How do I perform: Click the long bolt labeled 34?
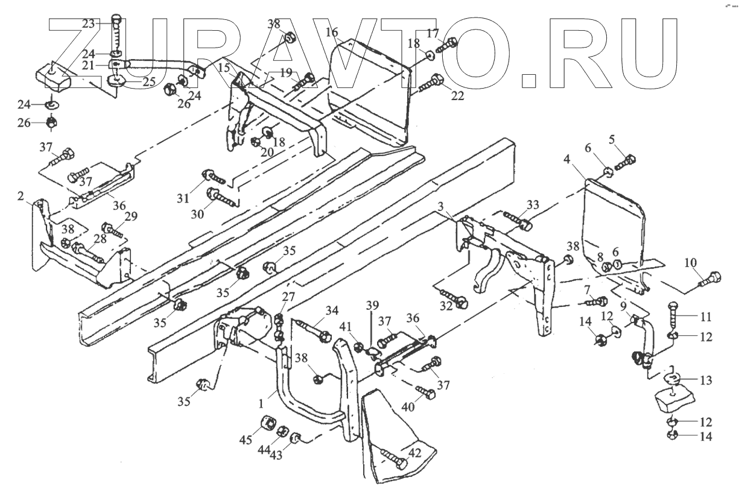(x=314, y=329)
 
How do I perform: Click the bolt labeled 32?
(x=453, y=298)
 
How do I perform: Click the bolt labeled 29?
(x=111, y=229)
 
